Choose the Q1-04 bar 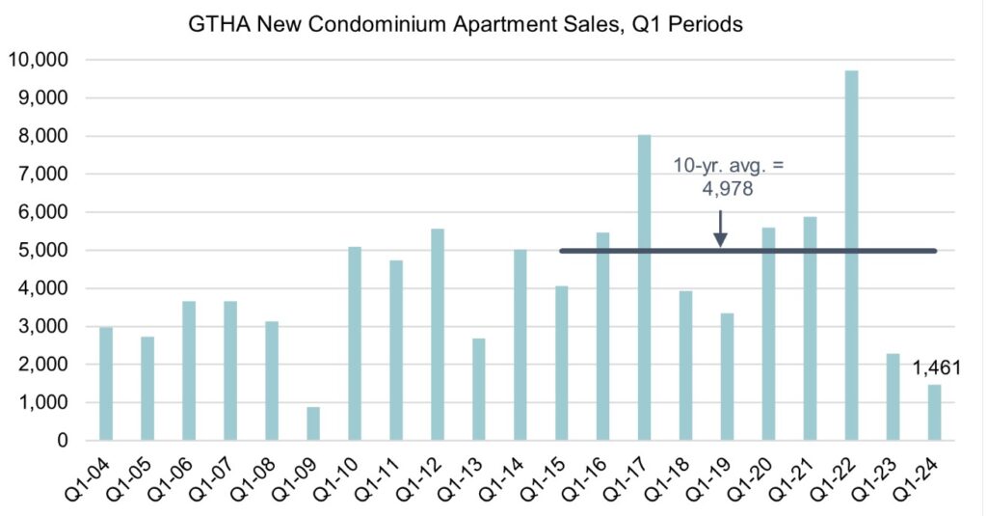pyautogui.click(x=106, y=384)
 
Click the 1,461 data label pyautogui.click(x=937, y=367)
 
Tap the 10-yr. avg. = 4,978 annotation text pyautogui.click(x=729, y=176)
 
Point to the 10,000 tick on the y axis pyautogui.click(x=38, y=60)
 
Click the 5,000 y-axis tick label pyautogui.click(x=42, y=251)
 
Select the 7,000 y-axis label pyautogui.click(x=42, y=175)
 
